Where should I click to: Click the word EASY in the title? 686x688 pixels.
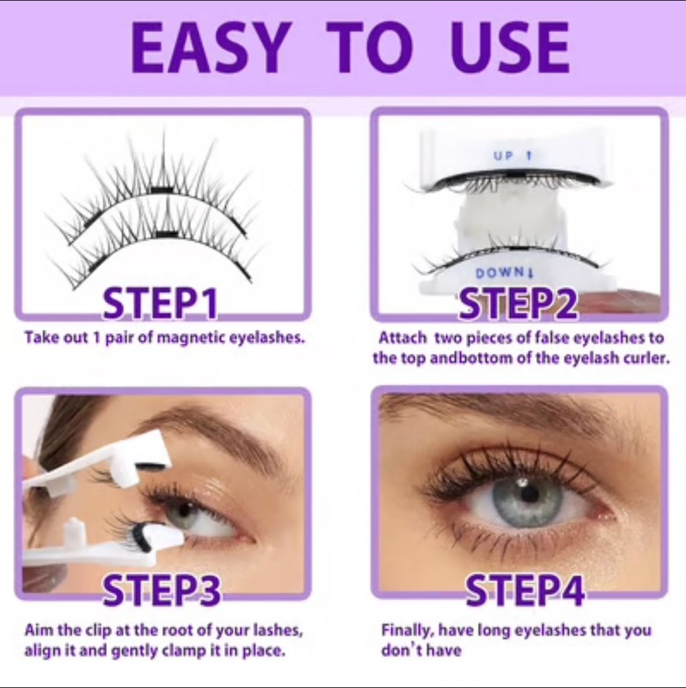click(x=211, y=48)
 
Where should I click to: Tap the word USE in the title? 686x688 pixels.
click(x=510, y=48)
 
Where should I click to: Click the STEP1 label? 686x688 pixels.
click(x=160, y=303)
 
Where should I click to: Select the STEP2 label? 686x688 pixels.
click(x=518, y=303)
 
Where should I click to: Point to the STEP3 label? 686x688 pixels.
click(x=161, y=591)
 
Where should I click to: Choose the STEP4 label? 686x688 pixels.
click(x=525, y=591)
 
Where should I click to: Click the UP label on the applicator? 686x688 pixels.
click(x=502, y=156)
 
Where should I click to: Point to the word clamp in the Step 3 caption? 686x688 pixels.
click(x=185, y=650)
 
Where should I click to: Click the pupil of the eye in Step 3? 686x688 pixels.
click(x=186, y=510)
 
